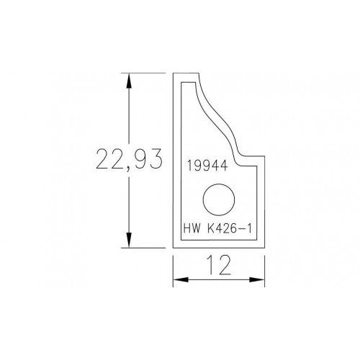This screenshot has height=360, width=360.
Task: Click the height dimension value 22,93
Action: tap(129, 159)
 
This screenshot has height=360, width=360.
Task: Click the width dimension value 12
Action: tap(219, 265)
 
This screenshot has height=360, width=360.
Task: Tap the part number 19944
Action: tap(207, 166)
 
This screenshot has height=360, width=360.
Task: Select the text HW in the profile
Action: tap(192, 228)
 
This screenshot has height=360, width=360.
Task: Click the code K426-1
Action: tap(229, 228)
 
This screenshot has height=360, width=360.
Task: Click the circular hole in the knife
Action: tap(219, 199)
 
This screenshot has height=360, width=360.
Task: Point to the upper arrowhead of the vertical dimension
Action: tap(129, 81)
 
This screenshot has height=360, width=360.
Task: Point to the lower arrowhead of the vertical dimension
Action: tap(129, 240)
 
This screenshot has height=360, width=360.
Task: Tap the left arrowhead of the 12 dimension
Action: tap(181, 279)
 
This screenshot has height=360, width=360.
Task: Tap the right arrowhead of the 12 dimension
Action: tap(257, 279)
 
